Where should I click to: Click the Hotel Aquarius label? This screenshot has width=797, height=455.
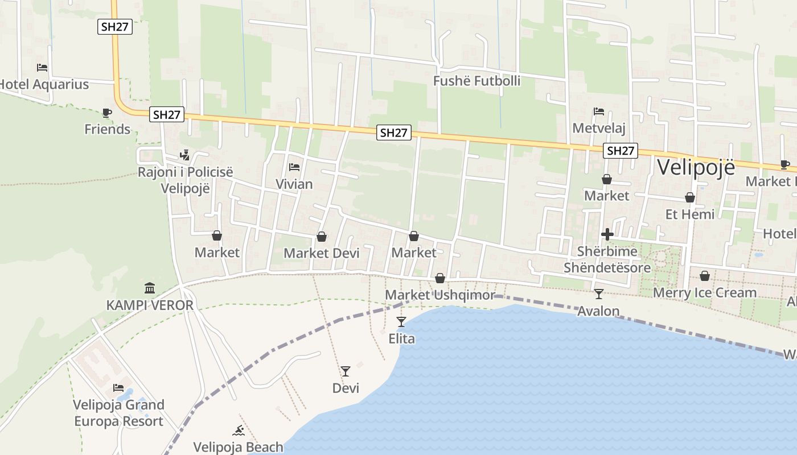(x=44, y=85)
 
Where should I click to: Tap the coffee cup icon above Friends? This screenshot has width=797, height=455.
(x=107, y=113)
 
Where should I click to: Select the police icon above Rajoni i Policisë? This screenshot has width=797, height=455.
(x=184, y=155)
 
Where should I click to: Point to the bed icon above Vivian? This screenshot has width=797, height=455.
(x=294, y=167)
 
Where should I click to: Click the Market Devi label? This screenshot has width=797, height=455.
(x=322, y=253)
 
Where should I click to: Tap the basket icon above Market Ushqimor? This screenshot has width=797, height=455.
(x=440, y=278)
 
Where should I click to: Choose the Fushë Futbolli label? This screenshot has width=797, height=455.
(x=476, y=81)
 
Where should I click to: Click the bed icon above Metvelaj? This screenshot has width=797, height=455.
(x=599, y=111)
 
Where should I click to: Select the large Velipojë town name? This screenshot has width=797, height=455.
(x=696, y=167)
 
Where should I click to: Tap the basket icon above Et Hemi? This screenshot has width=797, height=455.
(x=690, y=197)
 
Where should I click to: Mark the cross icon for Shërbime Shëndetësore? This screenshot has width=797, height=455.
(x=607, y=234)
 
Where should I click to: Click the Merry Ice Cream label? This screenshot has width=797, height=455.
(x=705, y=293)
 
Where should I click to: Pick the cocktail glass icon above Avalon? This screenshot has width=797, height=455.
(x=598, y=294)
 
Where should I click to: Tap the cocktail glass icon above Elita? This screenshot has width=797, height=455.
(x=401, y=322)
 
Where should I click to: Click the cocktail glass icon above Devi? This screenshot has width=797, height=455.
(x=346, y=371)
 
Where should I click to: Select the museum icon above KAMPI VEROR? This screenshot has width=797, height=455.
(x=150, y=288)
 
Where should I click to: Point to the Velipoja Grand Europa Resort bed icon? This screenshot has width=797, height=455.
(x=118, y=388)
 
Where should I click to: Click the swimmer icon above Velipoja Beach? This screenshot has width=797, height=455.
(x=239, y=431)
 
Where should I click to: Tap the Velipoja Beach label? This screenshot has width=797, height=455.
(x=238, y=447)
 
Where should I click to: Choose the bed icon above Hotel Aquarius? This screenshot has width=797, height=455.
(x=42, y=68)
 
